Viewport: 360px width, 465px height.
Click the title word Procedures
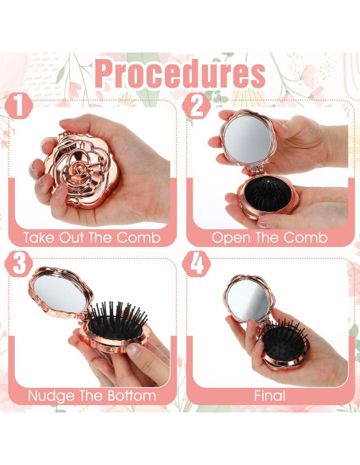(179, 74)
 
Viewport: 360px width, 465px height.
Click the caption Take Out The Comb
(91, 237)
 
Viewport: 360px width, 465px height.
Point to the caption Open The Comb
(269, 237)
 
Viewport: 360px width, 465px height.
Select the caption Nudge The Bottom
(91, 395)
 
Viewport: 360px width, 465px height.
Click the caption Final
(269, 395)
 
